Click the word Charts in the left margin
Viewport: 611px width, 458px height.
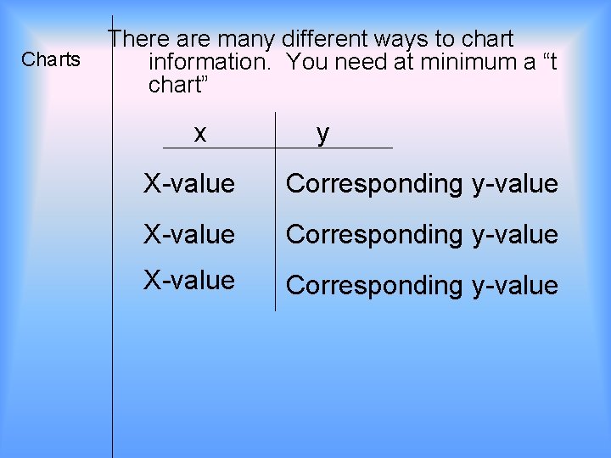tap(51, 59)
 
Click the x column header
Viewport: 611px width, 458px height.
tap(199, 133)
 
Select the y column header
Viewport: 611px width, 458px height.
tap(322, 133)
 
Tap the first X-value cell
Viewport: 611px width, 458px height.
tap(188, 183)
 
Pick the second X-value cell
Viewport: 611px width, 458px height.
tap(188, 234)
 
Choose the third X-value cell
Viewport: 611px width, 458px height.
tap(188, 280)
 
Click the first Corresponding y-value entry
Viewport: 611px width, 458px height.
tap(422, 184)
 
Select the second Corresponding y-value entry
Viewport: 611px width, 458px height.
tap(422, 235)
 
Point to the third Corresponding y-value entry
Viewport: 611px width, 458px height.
tap(422, 286)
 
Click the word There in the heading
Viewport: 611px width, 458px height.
tap(139, 39)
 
